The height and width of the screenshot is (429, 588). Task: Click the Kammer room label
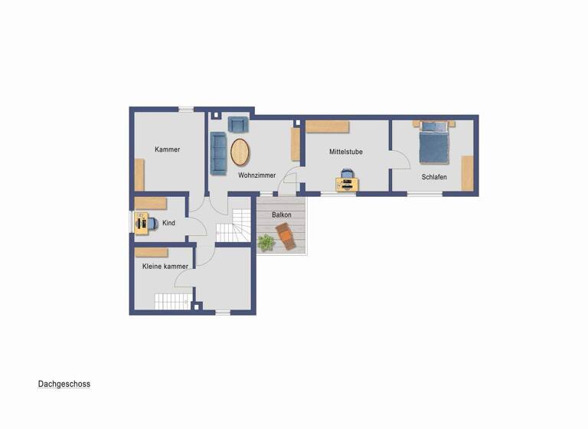[x=167, y=149]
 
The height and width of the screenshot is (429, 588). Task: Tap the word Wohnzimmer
[x=256, y=175]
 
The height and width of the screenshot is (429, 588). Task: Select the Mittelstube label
[x=346, y=152]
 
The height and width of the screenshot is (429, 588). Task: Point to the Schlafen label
[x=434, y=177]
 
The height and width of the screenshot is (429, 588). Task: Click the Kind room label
[x=169, y=223]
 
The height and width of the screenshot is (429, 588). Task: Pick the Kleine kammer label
[x=165, y=266]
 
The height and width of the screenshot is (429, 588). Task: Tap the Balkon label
[x=282, y=215]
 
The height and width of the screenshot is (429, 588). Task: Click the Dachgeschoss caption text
[x=64, y=384]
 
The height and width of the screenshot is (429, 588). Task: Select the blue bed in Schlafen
[x=433, y=146]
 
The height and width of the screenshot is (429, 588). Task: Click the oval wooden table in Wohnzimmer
[x=240, y=151]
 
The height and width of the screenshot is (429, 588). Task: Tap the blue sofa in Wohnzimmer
[x=219, y=152]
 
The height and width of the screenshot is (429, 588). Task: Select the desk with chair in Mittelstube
[x=346, y=181]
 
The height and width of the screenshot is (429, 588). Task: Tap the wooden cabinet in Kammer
[x=139, y=174]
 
